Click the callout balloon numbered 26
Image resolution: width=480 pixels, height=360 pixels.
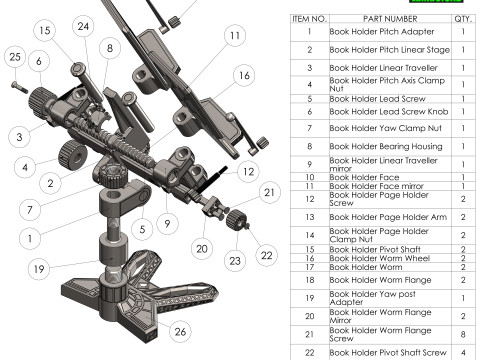180,331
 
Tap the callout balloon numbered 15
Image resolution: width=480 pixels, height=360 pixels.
45,30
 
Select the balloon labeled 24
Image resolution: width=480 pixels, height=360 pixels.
83,26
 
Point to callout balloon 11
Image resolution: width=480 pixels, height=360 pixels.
235,35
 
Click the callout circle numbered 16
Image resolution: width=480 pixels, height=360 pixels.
244,75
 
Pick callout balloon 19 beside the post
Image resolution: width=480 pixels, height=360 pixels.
39,269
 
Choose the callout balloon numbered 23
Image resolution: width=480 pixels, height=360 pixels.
235,261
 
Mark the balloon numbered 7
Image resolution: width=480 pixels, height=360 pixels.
30,210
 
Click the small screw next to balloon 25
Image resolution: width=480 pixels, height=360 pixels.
20,87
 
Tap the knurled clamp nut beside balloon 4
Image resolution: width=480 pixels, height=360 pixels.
72,155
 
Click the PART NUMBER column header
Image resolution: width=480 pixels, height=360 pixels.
390,19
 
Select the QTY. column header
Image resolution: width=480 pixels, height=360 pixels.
463,19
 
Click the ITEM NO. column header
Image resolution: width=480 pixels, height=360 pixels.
310,19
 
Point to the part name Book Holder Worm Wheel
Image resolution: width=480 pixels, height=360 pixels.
380,258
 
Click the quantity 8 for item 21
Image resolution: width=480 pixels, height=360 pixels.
463,334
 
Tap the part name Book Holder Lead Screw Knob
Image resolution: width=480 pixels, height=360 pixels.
389,112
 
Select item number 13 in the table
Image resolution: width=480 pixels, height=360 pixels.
310,217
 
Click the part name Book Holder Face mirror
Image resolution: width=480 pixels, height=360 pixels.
376,186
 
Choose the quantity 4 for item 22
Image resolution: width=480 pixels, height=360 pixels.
463,353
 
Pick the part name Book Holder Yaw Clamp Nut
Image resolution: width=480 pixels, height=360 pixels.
386,128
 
